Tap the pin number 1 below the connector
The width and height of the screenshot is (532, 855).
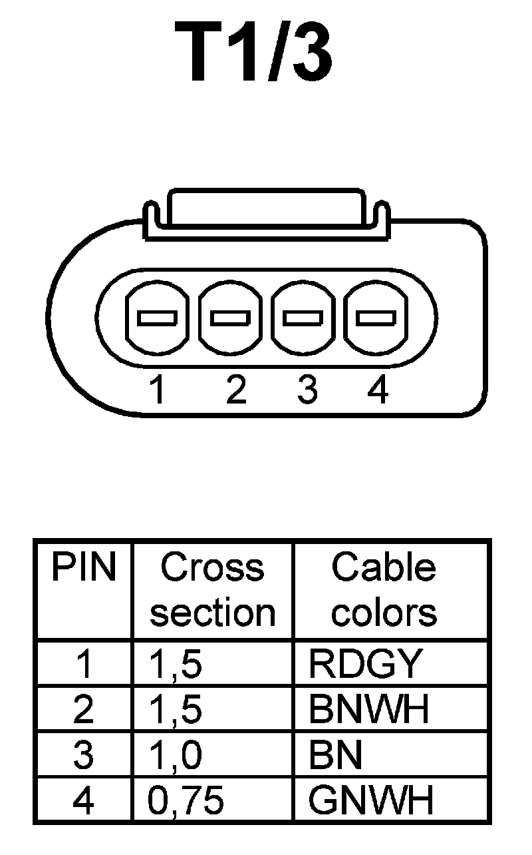point(157,390)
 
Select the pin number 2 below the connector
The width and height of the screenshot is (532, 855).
point(235,390)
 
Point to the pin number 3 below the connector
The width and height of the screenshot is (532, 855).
point(307,390)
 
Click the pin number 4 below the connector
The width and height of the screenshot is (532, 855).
point(377,390)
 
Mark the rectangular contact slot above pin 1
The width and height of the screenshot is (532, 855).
point(157,318)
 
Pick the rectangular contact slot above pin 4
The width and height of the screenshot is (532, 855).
point(376,318)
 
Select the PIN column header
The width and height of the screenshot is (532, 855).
point(84,568)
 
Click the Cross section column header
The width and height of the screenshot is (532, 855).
point(212,590)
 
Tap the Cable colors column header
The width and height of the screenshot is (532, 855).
point(384,590)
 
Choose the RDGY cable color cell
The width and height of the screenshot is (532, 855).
point(365,663)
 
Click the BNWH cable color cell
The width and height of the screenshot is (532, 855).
point(369,710)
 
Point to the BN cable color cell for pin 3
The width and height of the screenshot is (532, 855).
point(336,755)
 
